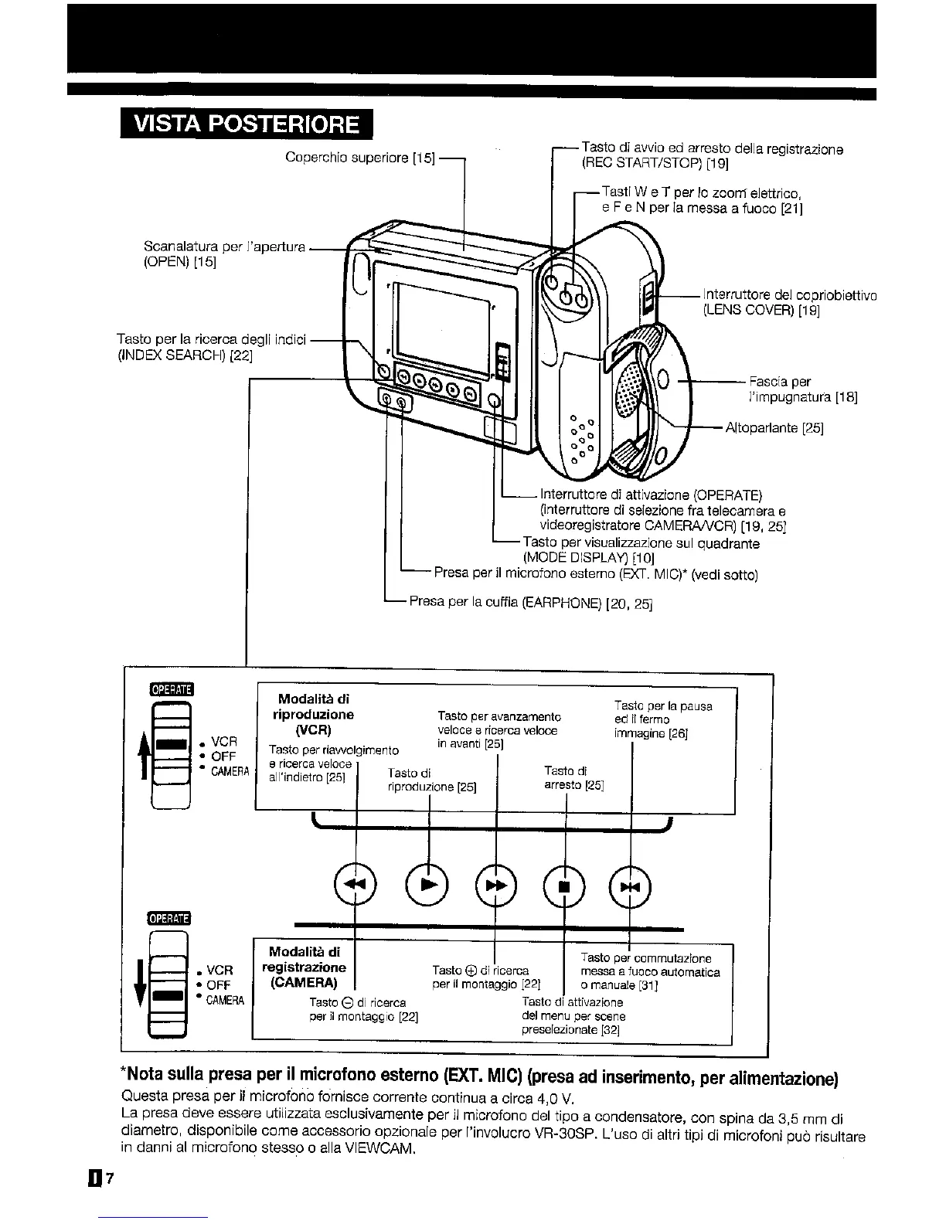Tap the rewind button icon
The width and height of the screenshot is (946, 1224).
point(355,885)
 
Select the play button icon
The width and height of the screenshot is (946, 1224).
point(427,885)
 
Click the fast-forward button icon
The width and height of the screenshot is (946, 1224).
point(495,885)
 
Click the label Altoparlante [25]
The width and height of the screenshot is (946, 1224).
point(774,428)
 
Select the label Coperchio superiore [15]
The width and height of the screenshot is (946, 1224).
point(360,158)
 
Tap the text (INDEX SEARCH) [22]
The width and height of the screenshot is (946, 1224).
point(185,356)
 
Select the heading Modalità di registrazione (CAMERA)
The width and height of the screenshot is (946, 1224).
point(304,967)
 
